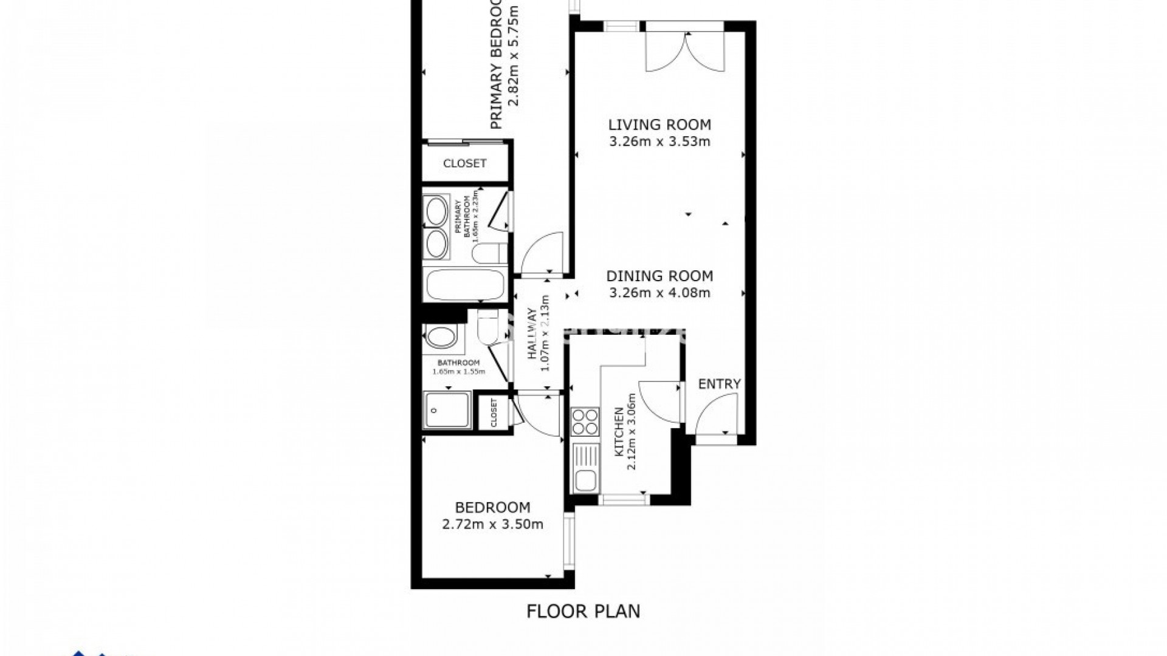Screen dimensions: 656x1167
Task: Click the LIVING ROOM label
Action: [x=659, y=125]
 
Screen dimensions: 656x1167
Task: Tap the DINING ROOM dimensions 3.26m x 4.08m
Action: [x=659, y=293]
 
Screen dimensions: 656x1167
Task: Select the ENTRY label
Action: [x=719, y=384]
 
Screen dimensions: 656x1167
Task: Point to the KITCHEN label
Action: [x=618, y=432]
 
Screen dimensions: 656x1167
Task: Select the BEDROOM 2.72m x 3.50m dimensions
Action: [x=492, y=524]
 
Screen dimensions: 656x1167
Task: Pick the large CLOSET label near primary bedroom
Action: [x=464, y=163]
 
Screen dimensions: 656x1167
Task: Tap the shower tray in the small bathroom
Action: [x=447, y=411]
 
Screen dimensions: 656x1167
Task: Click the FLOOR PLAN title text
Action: [x=583, y=610]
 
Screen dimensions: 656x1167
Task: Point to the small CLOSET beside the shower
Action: [x=493, y=413]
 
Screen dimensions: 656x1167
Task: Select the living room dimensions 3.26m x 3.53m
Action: [x=659, y=142]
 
